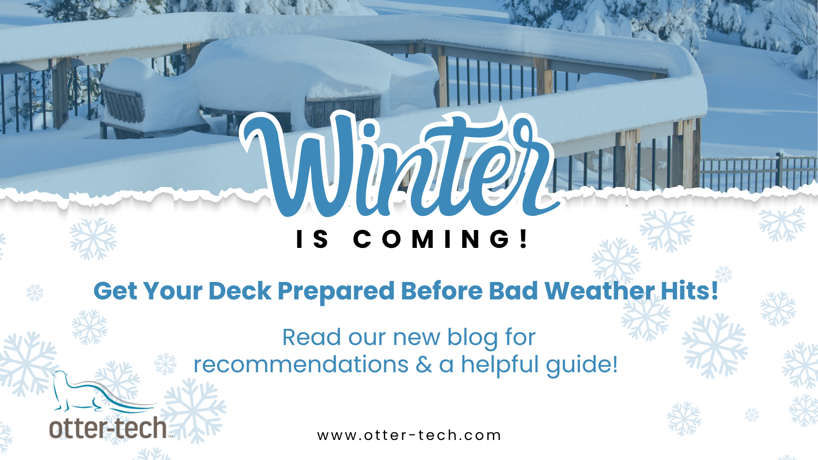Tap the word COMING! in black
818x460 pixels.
[x=441, y=239]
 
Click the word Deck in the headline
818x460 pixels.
[x=240, y=291]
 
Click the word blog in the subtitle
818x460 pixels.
[x=472, y=338]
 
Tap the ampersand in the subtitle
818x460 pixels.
[x=423, y=365]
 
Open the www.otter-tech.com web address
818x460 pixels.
[x=409, y=435]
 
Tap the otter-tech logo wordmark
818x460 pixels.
[x=109, y=428]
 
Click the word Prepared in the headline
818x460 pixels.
[x=336, y=292]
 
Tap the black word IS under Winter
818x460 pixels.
[x=312, y=239]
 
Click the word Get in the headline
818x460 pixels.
[x=115, y=291]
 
